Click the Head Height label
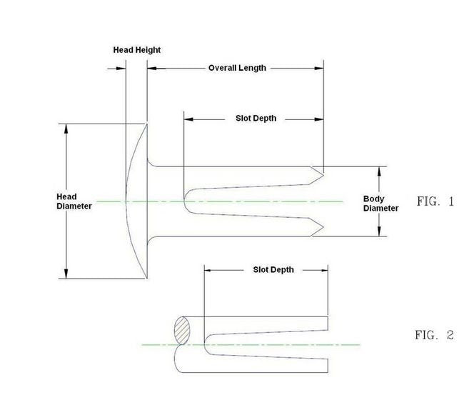[137, 50]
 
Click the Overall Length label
[237, 68]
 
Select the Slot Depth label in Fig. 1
[256, 119]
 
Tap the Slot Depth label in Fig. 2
[273, 270]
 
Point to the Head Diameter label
[74, 201]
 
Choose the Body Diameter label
[381, 204]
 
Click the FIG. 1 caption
[435, 201]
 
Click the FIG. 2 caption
[434, 335]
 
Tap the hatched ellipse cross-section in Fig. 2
[182, 331]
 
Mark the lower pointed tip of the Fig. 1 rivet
[323, 227]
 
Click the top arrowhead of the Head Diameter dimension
[66, 129]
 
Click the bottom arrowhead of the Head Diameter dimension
[66, 274]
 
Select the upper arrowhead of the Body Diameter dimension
[379, 171]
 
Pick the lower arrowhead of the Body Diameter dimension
[379, 231]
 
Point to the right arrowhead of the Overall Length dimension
[318, 69]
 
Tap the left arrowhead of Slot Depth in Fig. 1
[188, 119]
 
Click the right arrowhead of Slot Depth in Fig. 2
[323, 270]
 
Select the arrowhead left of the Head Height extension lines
[121, 69]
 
